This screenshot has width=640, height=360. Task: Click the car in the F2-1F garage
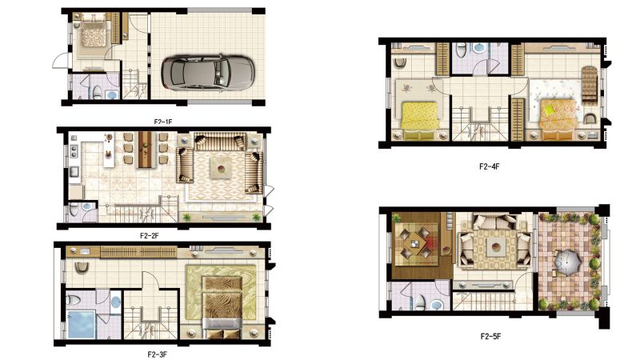click(x=208, y=73)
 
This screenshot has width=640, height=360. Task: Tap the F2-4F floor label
click(x=489, y=166)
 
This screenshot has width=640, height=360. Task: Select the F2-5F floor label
click(x=490, y=336)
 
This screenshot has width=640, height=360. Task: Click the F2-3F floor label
click(x=157, y=354)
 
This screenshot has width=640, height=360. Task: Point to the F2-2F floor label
click(x=150, y=235)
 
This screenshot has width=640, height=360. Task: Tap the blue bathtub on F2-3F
click(x=82, y=325)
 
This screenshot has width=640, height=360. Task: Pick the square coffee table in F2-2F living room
click(x=221, y=168)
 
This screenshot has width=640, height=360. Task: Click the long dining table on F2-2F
click(x=145, y=150)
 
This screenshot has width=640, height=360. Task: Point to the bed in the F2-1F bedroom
click(x=94, y=35)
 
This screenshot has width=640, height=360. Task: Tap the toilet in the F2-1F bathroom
click(x=97, y=93)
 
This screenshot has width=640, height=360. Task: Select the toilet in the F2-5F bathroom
click(x=420, y=303)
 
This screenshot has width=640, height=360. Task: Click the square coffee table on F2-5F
click(x=495, y=247)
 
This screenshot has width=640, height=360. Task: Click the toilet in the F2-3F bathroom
click(x=74, y=300)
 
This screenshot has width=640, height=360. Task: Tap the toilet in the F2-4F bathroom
click(x=461, y=51)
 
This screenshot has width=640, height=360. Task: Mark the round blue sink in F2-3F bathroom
click(x=116, y=302)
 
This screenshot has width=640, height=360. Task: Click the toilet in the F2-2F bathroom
click(x=74, y=210)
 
